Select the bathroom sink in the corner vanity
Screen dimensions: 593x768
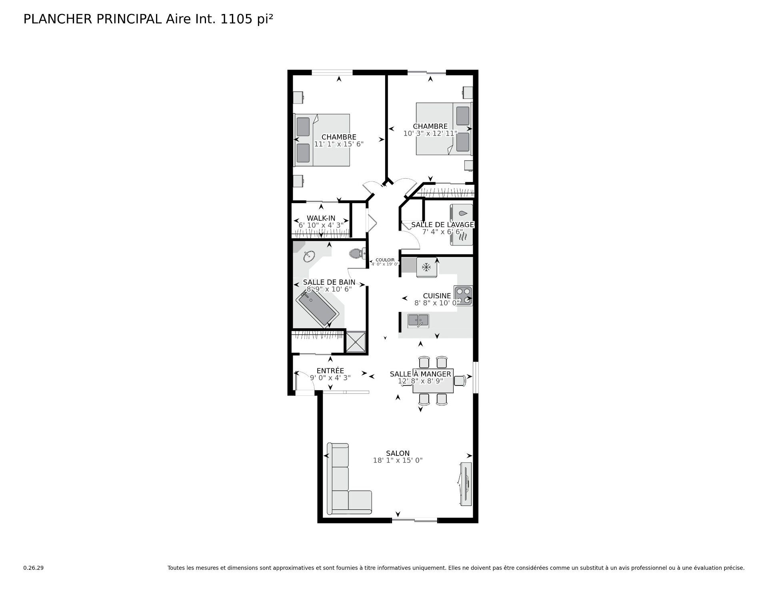[308, 256]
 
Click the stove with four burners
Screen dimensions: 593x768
[463, 296]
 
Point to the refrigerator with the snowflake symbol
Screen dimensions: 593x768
[426, 267]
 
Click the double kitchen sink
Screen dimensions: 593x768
[418, 320]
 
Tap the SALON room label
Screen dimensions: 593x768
[398, 453]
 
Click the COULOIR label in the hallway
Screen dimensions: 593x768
[385, 260]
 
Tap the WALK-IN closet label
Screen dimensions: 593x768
[321, 218]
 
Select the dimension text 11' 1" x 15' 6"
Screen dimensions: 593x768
[339, 144]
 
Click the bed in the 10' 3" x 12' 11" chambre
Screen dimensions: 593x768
[443, 129]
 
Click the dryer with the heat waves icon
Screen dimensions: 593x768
[462, 237]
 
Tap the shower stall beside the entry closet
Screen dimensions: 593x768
[356, 342]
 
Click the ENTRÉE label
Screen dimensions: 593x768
[330, 371]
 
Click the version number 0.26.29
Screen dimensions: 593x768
[33, 568]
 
